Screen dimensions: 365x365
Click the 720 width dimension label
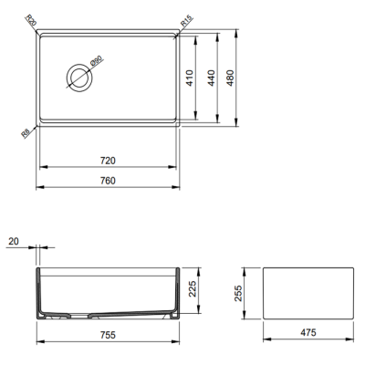(x=108, y=160)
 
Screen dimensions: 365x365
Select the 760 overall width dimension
(x=108, y=180)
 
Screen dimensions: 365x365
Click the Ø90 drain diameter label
(x=94, y=65)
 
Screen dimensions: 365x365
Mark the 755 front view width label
(x=107, y=334)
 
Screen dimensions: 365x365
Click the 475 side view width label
(x=307, y=334)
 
